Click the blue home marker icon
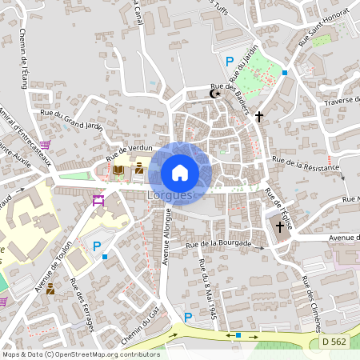click(x=180, y=173)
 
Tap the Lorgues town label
click(x=170, y=195)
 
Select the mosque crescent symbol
click(x=214, y=94)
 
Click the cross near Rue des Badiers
click(x=258, y=117)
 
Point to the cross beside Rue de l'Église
click(x=280, y=226)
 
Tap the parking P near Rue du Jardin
click(x=230, y=62)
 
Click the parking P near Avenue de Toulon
click(x=98, y=246)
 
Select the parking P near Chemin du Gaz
click(x=188, y=318)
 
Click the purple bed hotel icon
click(x=99, y=200)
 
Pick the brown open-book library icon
click(x=118, y=170)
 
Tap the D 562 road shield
click(x=336, y=342)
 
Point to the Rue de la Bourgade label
click(x=218, y=243)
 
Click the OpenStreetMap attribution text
click(x=81, y=354)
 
